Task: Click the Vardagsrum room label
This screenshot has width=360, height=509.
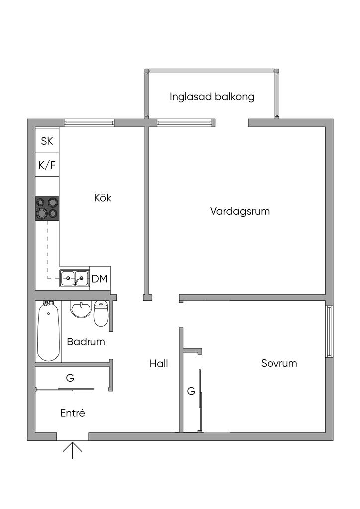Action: pyautogui.click(x=240, y=211)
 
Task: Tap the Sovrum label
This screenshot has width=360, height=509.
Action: pyautogui.click(x=279, y=363)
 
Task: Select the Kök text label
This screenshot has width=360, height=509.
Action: pyautogui.click(x=102, y=198)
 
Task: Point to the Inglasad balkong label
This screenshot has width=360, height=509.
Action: pyautogui.click(x=212, y=97)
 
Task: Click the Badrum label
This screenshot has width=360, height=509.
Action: pyautogui.click(x=86, y=342)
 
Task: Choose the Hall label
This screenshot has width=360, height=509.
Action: pyautogui.click(x=159, y=363)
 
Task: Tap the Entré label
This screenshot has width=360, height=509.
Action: pyautogui.click(x=73, y=413)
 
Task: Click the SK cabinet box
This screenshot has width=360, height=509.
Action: pyautogui.click(x=47, y=141)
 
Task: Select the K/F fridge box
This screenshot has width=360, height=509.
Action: pyautogui.click(x=47, y=165)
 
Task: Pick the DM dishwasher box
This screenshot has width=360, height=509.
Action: pyautogui.click(x=100, y=278)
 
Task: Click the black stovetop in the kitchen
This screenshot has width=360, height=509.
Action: pyautogui.click(x=47, y=209)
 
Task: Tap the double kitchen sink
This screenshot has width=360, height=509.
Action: pyautogui.click(x=75, y=278)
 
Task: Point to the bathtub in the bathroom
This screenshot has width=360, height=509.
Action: pyautogui.click(x=49, y=331)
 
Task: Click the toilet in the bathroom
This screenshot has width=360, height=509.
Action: pyautogui.click(x=101, y=313)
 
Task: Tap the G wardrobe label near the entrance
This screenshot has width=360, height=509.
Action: pyautogui.click(x=70, y=378)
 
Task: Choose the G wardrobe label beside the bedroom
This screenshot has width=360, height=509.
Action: pyautogui.click(x=191, y=391)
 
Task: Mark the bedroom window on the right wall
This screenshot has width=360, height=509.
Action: pyautogui.click(x=329, y=332)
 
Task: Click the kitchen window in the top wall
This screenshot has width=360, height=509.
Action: pyautogui.click(x=90, y=123)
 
